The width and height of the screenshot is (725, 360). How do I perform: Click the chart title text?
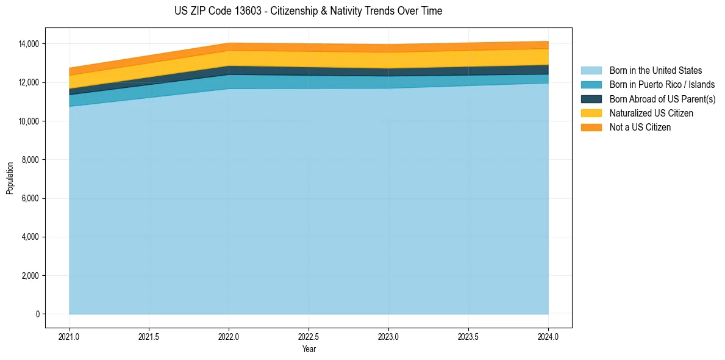coord(308,11)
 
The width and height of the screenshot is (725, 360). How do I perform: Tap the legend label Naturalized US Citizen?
coord(651,113)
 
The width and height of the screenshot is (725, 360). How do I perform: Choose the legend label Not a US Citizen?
coord(640,127)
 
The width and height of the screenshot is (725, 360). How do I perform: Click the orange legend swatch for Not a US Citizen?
coord(591,127)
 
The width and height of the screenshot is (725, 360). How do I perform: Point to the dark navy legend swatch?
coord(591,99)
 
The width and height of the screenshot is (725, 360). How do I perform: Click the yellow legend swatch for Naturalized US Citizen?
coord(591,113)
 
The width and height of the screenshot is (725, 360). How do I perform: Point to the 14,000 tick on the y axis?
coord(29,44)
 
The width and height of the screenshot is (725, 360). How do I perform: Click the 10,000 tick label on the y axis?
coord(29,121)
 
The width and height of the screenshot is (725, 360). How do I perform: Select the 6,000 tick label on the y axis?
coord(30,198)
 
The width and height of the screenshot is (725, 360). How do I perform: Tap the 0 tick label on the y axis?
coord(38,314)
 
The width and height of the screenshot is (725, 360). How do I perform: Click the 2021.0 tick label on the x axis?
coord(70,336)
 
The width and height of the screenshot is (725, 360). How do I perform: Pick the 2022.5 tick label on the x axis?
coord(309,336)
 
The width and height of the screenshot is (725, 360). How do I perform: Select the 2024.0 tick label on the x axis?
coord(548,336)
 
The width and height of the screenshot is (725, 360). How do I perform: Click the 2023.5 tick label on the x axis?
coord(468,336)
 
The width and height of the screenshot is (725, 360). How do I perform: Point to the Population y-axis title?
coord(10,178)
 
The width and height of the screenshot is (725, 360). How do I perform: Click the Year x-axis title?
coord(309,349)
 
